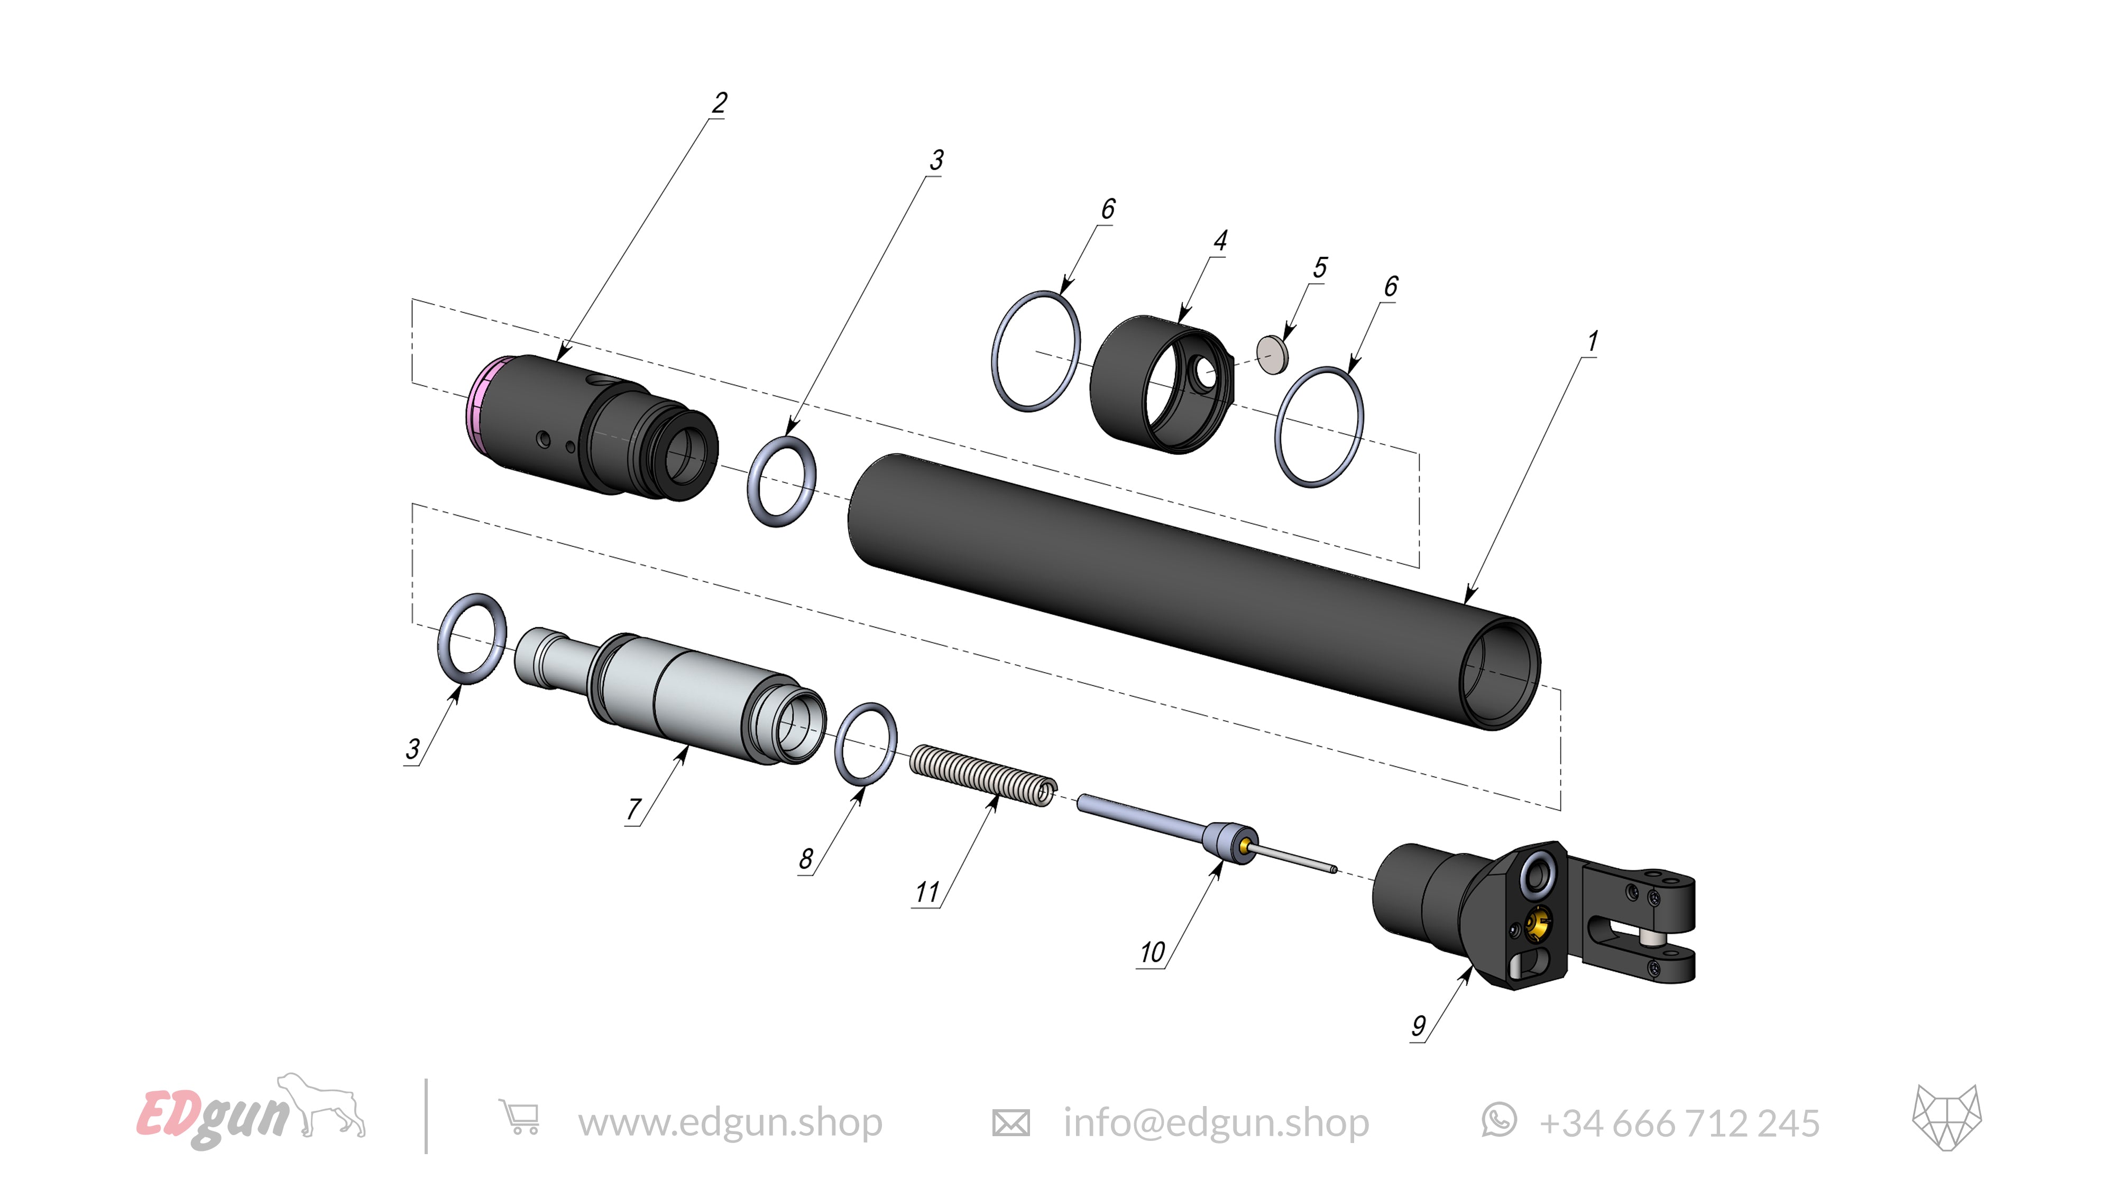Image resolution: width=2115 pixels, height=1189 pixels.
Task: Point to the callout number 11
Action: click(x=927, y=892)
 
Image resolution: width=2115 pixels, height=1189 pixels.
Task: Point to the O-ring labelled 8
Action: click(x=866, y=744)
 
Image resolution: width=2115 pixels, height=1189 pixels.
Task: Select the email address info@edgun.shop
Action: click(x=1215, y=1122)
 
